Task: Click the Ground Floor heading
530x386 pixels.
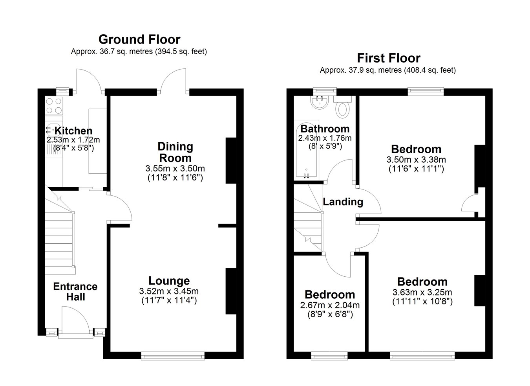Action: (x=139, y=39)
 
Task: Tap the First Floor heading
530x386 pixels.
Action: (x=389, y=58)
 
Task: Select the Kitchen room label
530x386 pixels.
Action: (x=73, y=131)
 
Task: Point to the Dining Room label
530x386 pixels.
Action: (x=175, y=152)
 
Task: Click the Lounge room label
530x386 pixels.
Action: (x=169, y=281)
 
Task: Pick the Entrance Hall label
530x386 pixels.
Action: (x=75, y=292)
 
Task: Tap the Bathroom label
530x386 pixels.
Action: (x=325, y=129)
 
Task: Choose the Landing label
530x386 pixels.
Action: (x=343, y=202)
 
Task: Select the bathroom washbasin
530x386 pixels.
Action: (x=320, y=103)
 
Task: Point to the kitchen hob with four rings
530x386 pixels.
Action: (x=54, y=106)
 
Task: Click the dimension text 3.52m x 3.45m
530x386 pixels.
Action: (x=169, y=291)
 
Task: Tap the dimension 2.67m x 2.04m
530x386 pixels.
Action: (x=330, y=305)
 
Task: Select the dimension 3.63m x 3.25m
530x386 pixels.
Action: (x=422, y=292)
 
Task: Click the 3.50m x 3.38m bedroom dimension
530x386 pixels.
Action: (x=416, y=160)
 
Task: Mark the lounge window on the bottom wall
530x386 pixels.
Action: (x=173, y=356)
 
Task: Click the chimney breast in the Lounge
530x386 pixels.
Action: (x=231, y=291)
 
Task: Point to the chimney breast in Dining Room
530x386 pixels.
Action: (x=231, y=161)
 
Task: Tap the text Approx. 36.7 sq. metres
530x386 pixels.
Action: (x=112, y=51)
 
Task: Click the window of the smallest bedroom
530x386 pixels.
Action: (x=329, y=356)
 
